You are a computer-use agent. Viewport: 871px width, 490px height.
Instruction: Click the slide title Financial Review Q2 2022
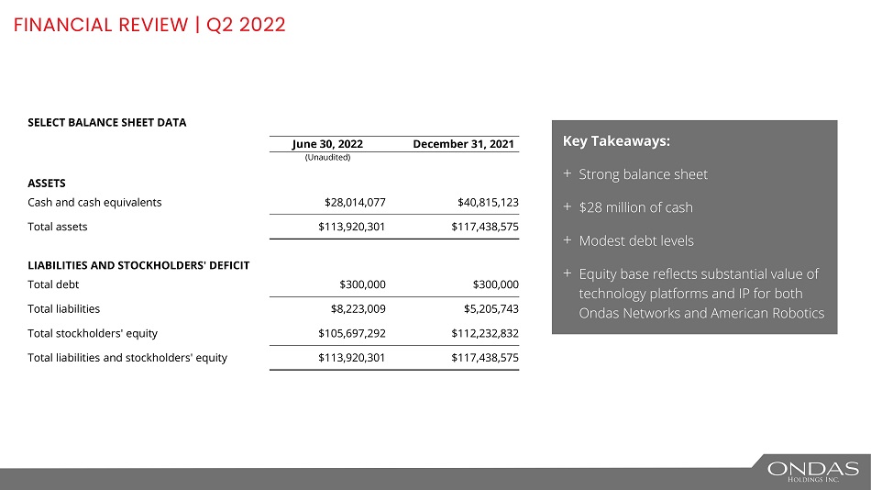pyautogui.click(x=149, y=25)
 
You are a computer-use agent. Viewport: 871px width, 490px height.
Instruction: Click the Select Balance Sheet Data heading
pyautogui.click(x=107, y=122)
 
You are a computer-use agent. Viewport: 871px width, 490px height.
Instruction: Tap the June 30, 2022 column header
pyautogui.click(x=327, y=144)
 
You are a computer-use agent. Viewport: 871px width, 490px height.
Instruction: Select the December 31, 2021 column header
pyautogui.click(x=466, y=144)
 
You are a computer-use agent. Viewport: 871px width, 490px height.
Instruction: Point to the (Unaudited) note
pyautogui.click(x=327, y=157)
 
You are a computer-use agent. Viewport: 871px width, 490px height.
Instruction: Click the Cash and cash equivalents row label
pyautogui.click(x=95, y=203)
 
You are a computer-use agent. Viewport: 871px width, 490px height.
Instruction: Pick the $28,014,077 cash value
pyautogui.click(x=348, y=203)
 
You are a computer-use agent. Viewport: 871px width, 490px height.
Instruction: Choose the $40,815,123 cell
pyautogui.click(x=488, y=203)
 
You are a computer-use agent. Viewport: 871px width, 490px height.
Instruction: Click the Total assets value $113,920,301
pyautogui.click(x=345, y=226)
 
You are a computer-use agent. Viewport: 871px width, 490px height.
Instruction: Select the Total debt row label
pyautogui.click(x=53, y=284)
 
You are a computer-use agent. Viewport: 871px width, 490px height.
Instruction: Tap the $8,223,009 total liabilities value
pyautogui.click(x=351, y=309)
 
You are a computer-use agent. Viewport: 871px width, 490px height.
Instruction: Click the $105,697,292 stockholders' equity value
pyautogui.click(x=345, y=333)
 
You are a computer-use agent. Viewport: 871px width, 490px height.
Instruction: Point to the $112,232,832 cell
pyautogui.click(x=485, y=333)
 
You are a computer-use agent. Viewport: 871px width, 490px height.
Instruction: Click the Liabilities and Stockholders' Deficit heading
pyautogui.click(x=138, y=265)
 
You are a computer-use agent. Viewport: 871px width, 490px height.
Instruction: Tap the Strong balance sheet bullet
pyautogui.click(x=643, y=174)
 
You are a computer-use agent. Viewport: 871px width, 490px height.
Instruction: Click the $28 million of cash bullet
pyautogui.click(x=635, y=207)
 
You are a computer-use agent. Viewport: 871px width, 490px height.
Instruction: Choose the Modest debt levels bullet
pyautogui.click(x=636, y=241)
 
